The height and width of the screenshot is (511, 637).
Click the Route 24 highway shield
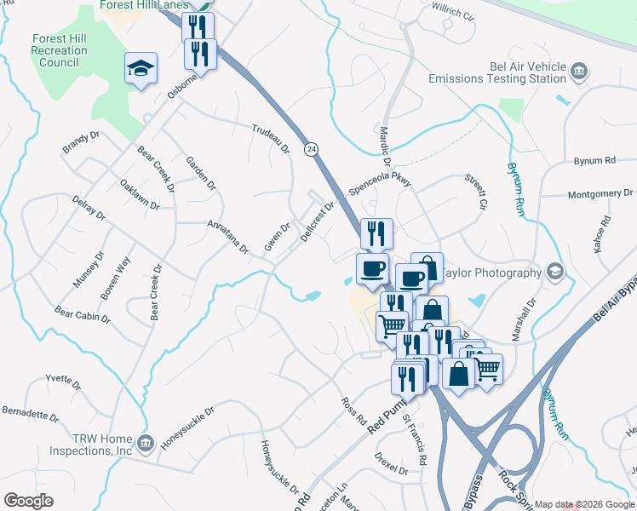pos(313,148)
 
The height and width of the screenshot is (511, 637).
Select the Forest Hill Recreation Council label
pos(59,50)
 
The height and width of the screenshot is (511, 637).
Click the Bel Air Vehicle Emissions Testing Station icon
pos(578,69)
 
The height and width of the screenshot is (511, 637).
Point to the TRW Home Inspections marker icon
pos(145,442)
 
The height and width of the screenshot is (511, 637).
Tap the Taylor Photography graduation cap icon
pos(555,272)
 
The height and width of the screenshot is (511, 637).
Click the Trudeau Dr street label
pos(271,139)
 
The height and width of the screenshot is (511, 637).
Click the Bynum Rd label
pos(594,160)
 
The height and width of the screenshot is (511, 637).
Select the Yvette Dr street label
pos(63,379)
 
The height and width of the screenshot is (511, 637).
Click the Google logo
pos(28,501)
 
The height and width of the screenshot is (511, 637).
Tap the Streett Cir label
pos(474,189)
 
